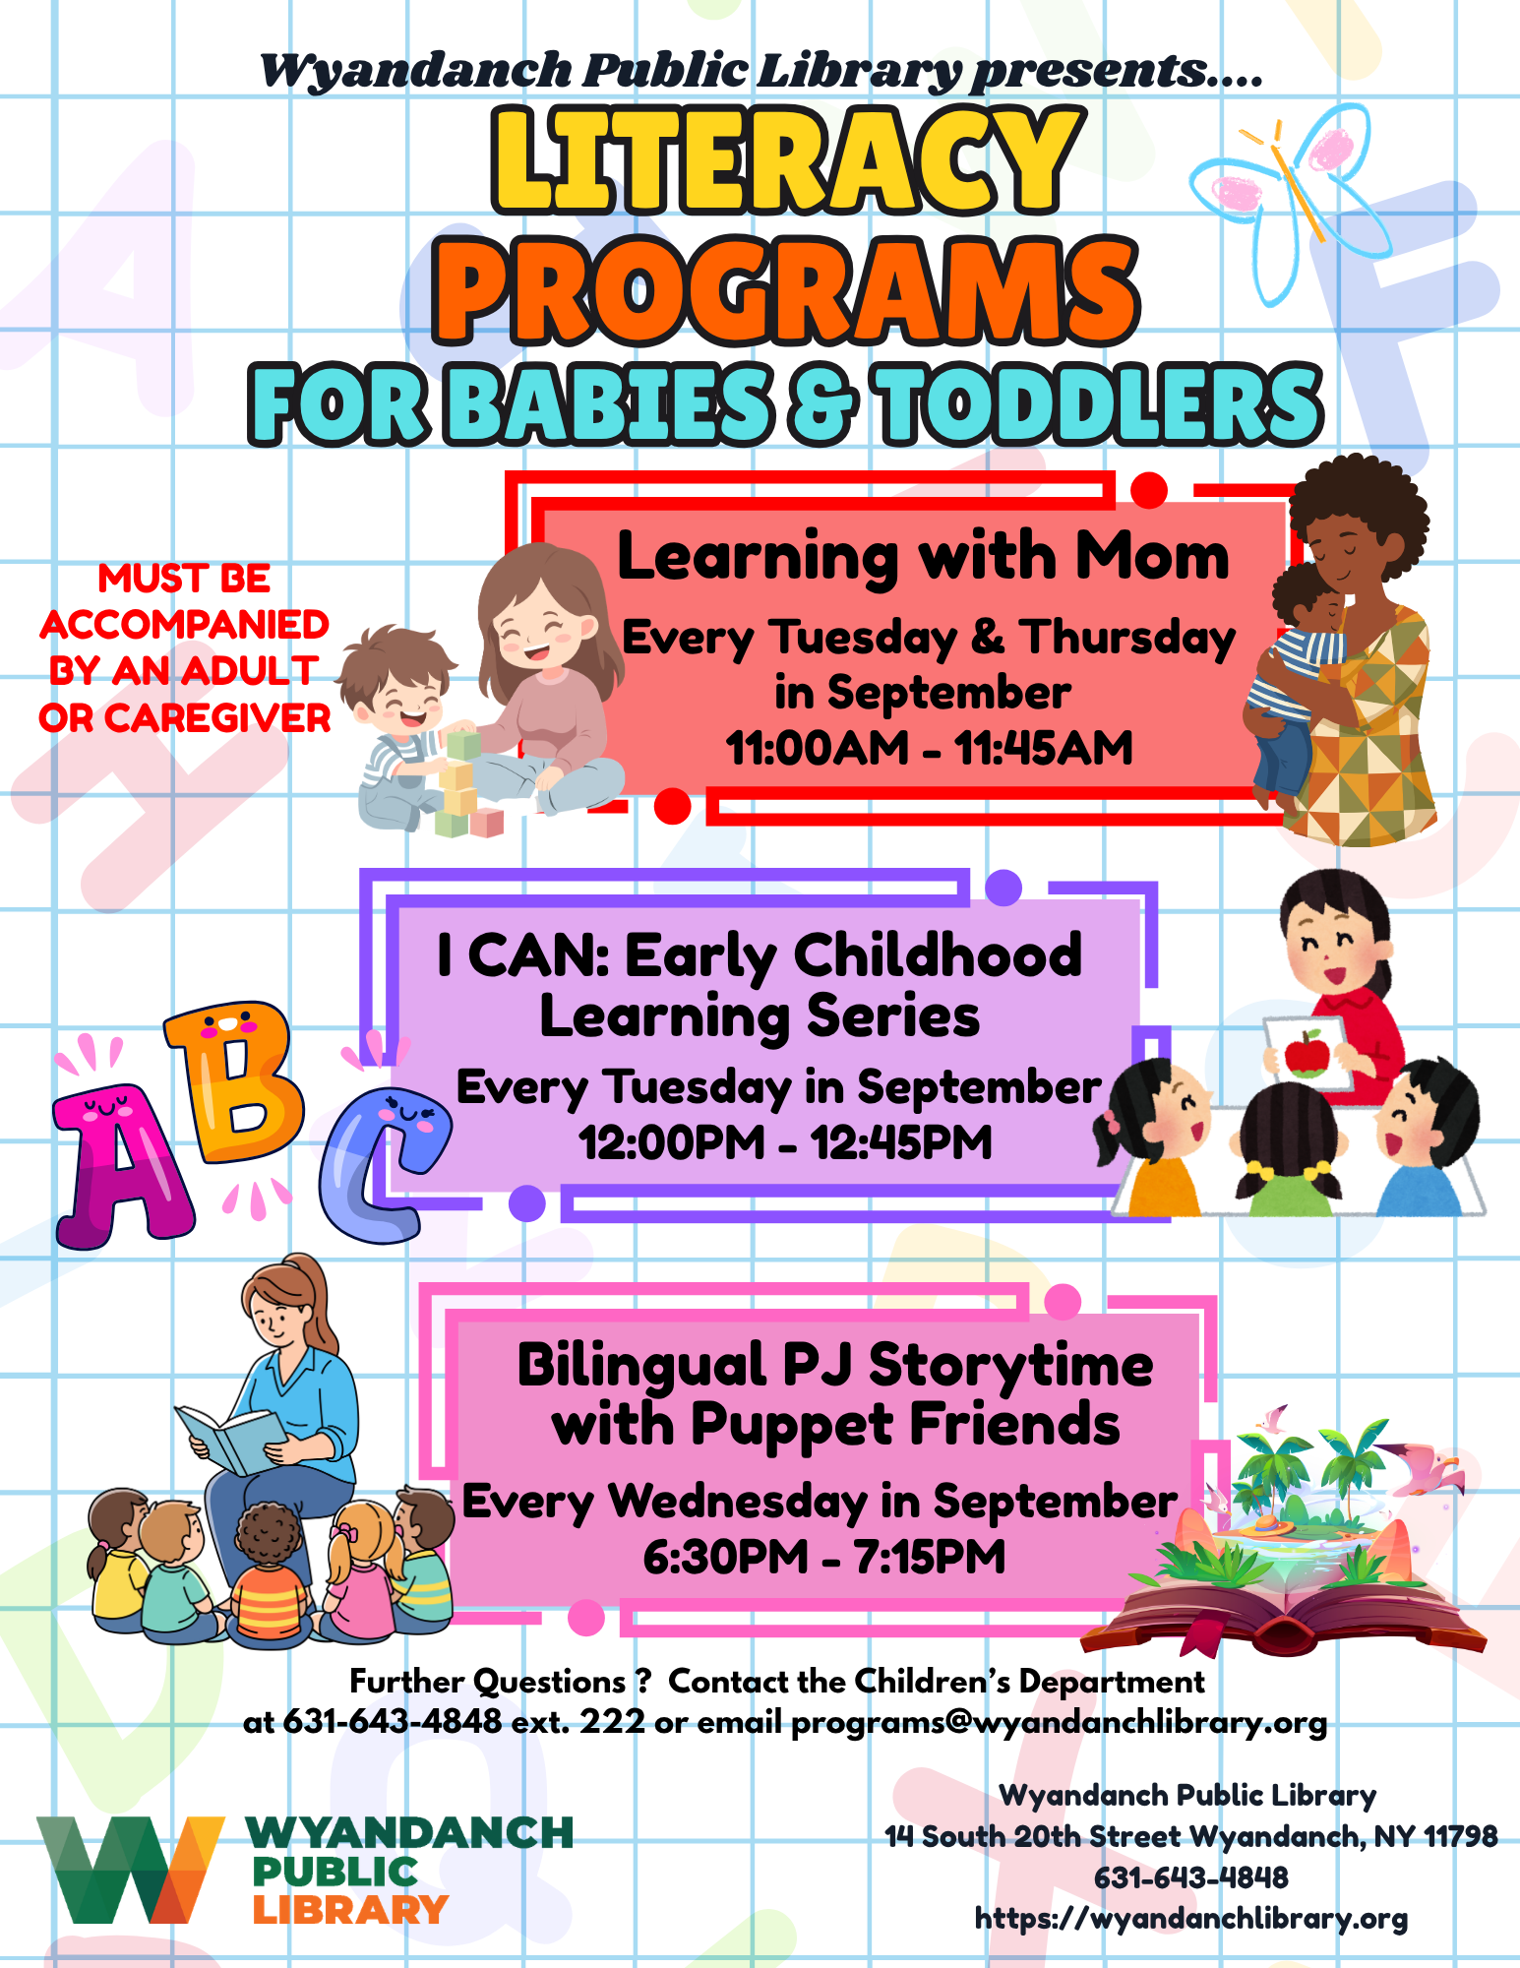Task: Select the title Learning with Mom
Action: (923, 557)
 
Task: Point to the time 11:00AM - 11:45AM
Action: (930, 748)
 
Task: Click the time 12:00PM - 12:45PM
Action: (785, 1142)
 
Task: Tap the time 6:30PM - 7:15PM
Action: (824, 1557)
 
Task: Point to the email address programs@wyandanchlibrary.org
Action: (1059, 1723)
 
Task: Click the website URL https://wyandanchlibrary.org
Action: (1191, 1918)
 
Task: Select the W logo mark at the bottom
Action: (130, 1871)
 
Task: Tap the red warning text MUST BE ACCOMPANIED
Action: (185, 601)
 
